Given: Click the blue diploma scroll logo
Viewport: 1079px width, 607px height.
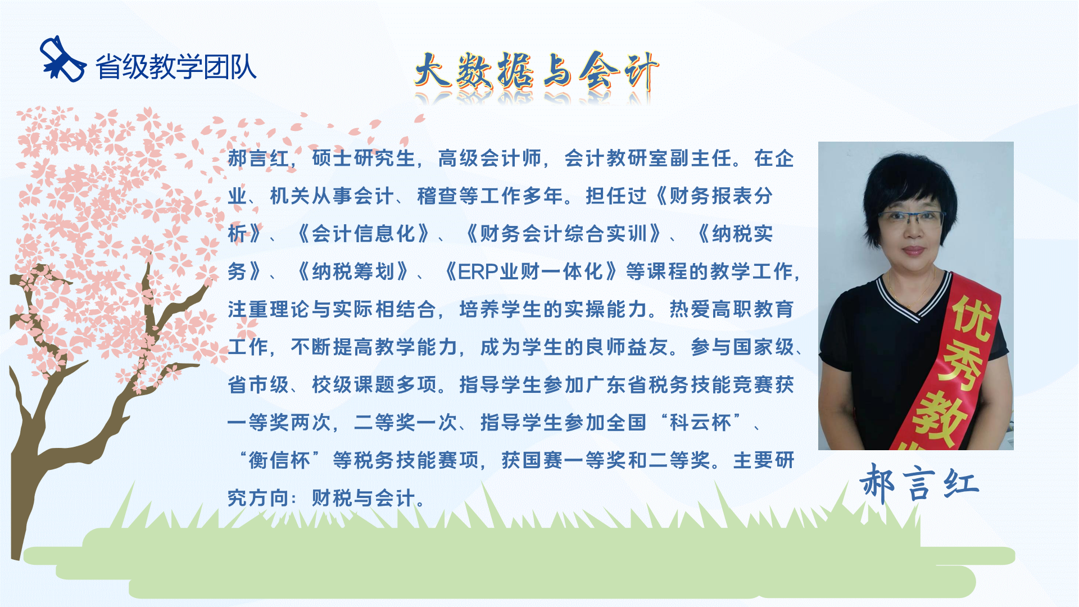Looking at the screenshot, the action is tap(62, 59).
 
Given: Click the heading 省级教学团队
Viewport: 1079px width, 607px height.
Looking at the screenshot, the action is tap(176, 67).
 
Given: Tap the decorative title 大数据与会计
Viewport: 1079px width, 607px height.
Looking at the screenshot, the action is tap(537, 72).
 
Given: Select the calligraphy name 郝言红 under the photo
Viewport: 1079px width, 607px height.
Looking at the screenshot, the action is tap(919, 483).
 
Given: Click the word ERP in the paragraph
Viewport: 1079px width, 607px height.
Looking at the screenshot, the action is tap(478, 272).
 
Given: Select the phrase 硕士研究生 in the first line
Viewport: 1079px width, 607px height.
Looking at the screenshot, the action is tap(364, 158).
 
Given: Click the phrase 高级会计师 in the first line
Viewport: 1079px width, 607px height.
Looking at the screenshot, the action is tap(489, 158).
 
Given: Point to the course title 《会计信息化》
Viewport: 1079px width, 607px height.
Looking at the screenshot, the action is tap(364, 234).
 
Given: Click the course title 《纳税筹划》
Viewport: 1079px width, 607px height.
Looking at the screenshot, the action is tap(353, 272).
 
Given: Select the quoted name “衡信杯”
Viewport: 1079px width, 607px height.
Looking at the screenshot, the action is tap(279, 460).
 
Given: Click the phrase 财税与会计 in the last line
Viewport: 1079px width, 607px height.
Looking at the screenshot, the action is tap(364, 498).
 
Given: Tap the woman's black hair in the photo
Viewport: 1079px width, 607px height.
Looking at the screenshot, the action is tap(910, 180).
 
